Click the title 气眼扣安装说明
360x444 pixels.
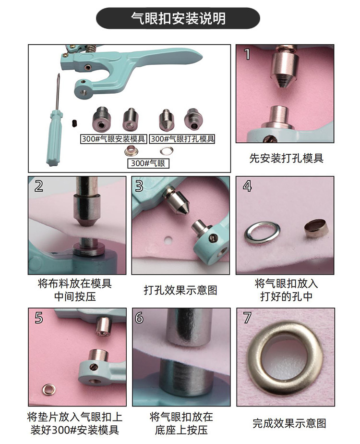coord(178,18)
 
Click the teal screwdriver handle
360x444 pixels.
coord(54,138)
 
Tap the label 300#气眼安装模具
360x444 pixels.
coord(113,139)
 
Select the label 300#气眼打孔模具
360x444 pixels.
coord(182,139)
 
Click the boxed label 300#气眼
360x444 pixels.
coord(148,163)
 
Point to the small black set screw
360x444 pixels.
coord(74,123)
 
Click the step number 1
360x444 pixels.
coord(247,54)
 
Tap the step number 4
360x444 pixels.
coord(247,186)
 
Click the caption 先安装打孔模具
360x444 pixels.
coord(286,158)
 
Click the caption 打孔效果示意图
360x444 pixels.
coord(180,290)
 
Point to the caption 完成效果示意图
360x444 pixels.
coord(289,423)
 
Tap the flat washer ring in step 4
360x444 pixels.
coord(262,233)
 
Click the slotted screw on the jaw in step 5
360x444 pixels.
coord(94,367)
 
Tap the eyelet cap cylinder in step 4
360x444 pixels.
coord(316,227)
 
